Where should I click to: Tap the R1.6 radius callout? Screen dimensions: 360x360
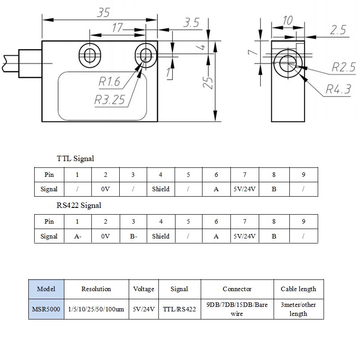(x=109, y=82)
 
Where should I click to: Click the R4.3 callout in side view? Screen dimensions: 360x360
(x=338, y=90)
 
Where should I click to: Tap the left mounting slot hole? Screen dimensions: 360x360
(x=89, y=55)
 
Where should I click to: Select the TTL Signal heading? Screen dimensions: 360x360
(x=75, y=158)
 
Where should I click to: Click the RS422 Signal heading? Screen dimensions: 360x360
(x=79, y=206)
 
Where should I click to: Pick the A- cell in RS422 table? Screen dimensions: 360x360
(x=77, y=236)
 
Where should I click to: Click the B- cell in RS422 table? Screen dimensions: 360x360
(x=133, y=236)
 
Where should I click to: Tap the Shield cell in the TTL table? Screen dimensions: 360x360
(x=161, y=189)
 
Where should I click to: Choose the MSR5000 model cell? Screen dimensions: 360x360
(x=46, y=309)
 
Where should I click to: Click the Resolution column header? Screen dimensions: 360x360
(x=96, y=289)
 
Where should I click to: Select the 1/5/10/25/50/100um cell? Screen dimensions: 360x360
(x=96, y=309)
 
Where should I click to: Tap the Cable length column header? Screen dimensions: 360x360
(x=298, y=289)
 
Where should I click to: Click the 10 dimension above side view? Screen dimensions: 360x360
(x=287, y=20)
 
